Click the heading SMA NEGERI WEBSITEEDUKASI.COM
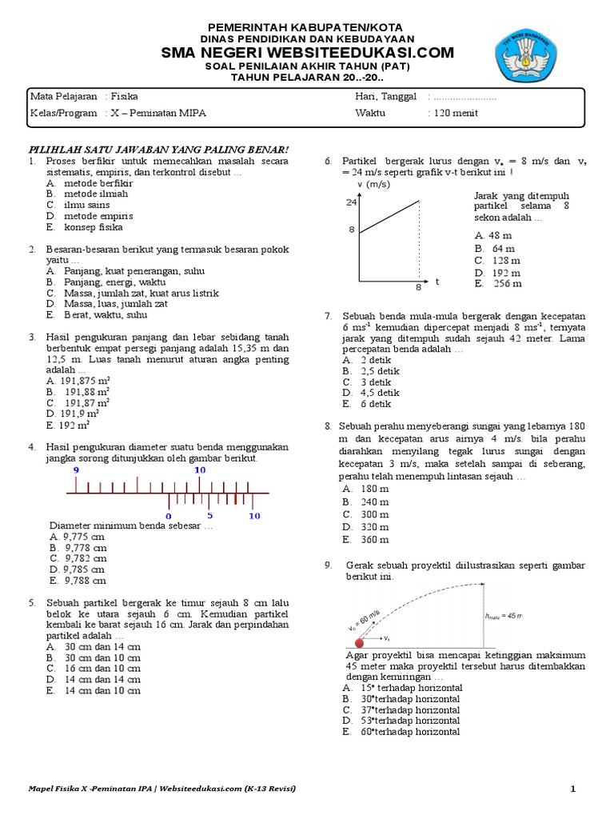(x=308, y=53)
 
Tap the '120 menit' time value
(x=456, y=113)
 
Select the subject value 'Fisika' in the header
(x=124, y=96)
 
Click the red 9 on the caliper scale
(x=76, y=471)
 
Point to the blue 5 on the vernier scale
(x=210, y=516)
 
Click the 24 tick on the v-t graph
(x=351, y=202)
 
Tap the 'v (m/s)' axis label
(x=373, y=185)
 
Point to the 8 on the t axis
(x=417, y=286)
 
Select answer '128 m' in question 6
(x=504, y=260)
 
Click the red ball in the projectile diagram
(x=360, y=642)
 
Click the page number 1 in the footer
(x=572, y=789)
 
